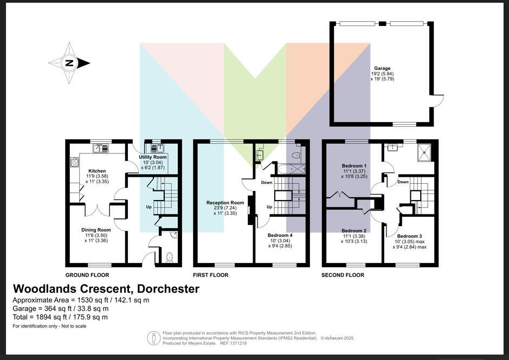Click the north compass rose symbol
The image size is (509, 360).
click(x=69, y=63)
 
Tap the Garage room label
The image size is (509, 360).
click(x=383, y=68)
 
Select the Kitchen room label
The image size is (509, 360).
click(x=97, y=171)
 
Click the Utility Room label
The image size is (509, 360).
click(x=153, y=157)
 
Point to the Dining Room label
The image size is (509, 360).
click(x=96, y=230)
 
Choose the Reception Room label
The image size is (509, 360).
click(x=225, y=203)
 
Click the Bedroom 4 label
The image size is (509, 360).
click(x=281, y=235)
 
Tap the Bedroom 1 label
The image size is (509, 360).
click(x=354, y=166)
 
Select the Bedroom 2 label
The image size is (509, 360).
click(x=354, y=231)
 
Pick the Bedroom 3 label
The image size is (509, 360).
click(x=409, y=236)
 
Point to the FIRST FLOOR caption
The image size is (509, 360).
click(x=210, y=275)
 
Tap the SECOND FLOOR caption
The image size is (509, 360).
click(x=343, y=275)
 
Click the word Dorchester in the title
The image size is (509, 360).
click(x=169, y=289)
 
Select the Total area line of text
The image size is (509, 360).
click(x=60, y=317)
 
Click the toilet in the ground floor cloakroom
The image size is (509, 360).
click(x=169, y=257)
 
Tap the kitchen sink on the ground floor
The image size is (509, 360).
click(x=101, y=147)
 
